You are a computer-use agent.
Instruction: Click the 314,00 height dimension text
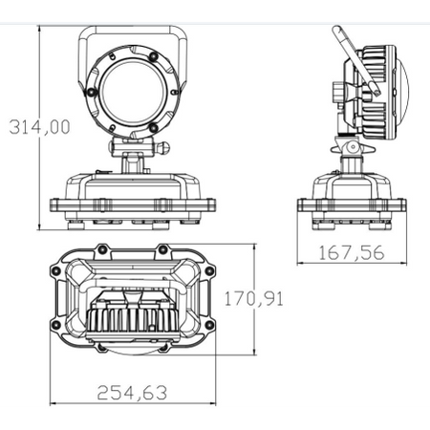[39, 127]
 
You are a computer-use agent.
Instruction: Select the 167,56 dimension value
[352, 253]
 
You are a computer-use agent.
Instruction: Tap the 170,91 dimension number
[254, 299]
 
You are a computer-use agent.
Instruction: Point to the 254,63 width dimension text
[132, 393]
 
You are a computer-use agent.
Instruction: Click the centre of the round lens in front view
[134, 92]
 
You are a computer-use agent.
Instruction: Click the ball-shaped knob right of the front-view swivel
[165, 147]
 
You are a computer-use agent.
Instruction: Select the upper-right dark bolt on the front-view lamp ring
[154, 56]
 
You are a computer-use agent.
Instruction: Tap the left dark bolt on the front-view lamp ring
[92, 92]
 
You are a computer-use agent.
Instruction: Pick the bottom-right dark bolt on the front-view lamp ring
[154, 127]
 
